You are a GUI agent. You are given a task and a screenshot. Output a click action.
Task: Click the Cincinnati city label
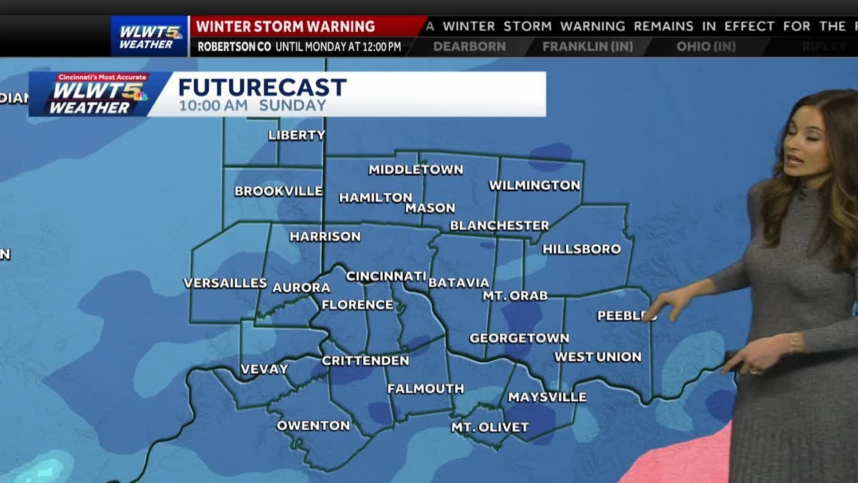pos(386,276)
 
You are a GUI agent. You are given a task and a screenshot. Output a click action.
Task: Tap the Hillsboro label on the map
pos(581,249)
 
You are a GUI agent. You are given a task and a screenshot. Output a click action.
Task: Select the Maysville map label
pos(547,397)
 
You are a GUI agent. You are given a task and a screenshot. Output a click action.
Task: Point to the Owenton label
pos(313,425)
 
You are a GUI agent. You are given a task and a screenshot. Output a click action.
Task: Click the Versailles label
pos(225,283)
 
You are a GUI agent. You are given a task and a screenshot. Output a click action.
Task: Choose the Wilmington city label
pos(534,185)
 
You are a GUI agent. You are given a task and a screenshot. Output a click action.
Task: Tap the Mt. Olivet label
pos(489,427)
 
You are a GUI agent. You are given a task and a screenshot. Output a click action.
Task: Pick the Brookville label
pos(278,191)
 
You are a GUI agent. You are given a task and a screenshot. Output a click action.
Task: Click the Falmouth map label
pos(425,388)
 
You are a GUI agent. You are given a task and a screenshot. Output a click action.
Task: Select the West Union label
pos(597,357)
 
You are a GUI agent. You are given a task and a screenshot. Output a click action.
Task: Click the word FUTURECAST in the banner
pos(262,87)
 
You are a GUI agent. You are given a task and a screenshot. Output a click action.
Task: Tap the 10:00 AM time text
pos(213,105)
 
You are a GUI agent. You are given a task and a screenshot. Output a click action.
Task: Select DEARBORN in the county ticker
pos(469,47)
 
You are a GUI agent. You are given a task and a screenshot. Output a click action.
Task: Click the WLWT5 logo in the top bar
pos(149,36)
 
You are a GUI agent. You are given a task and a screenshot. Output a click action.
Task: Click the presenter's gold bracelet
pos(794,342)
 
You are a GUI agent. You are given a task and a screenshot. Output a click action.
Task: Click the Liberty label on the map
pos(296,135)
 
